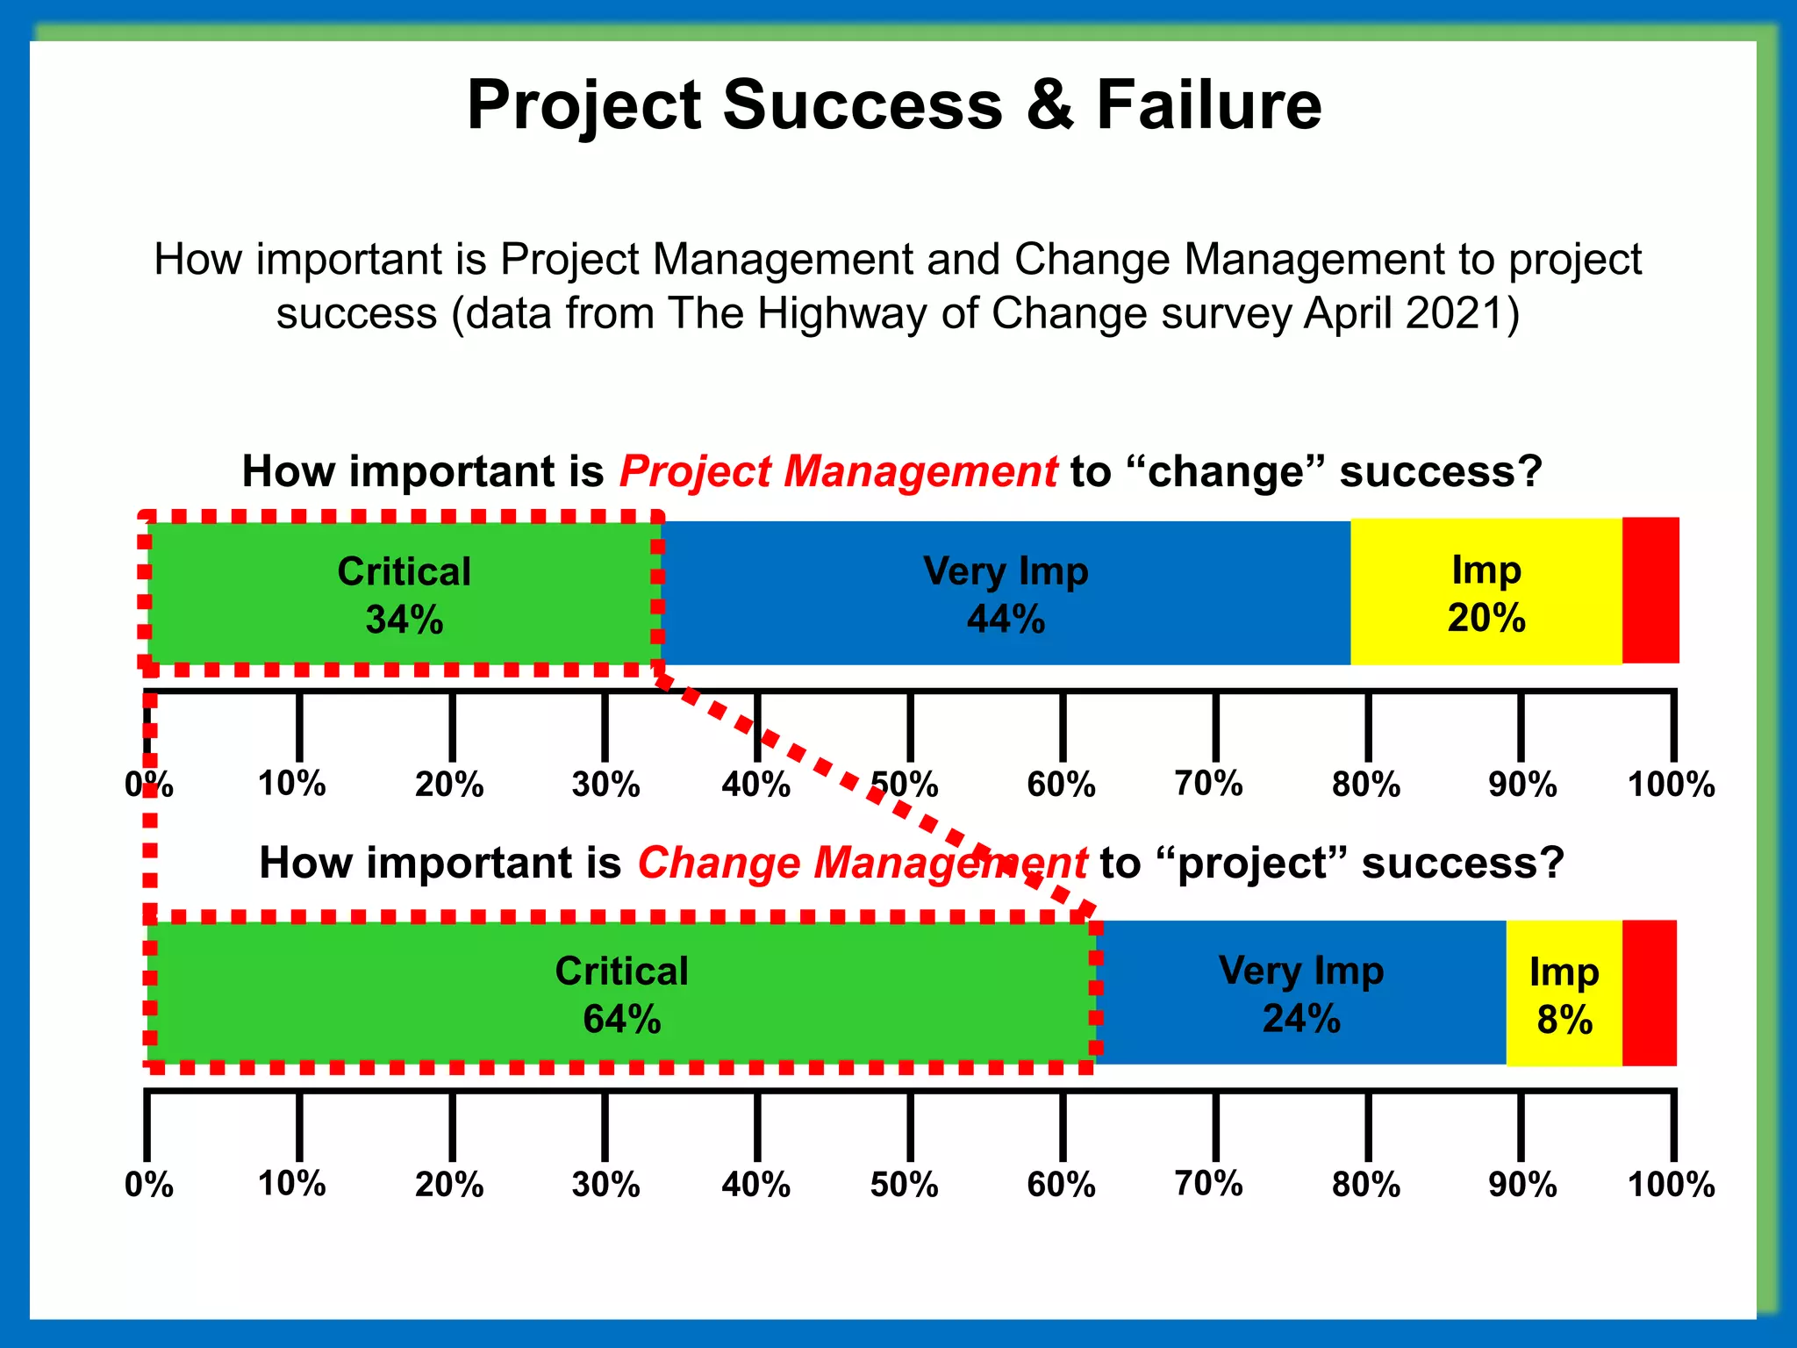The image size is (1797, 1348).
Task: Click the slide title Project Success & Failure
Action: [x=893, y=105]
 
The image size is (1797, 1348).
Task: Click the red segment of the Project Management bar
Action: [x=1650, y=591]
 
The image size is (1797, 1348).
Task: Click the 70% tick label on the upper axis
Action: [x=1208, y=784]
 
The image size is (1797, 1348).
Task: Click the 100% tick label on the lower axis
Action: [x=1671, y=1185]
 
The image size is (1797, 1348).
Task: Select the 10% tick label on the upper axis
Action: [x=291, y=784]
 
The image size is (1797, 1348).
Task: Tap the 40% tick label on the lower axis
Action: [x=755, y=1185]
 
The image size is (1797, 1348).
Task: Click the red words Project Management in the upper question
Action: [x=838, y=471]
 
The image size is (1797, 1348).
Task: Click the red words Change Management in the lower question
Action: [x=862, y=863]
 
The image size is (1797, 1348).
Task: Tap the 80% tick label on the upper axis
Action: [x=1365, y=784]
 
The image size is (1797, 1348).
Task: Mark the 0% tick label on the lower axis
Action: [x=148, y=1185]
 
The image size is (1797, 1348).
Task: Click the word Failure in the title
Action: [x=1208, y=105]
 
